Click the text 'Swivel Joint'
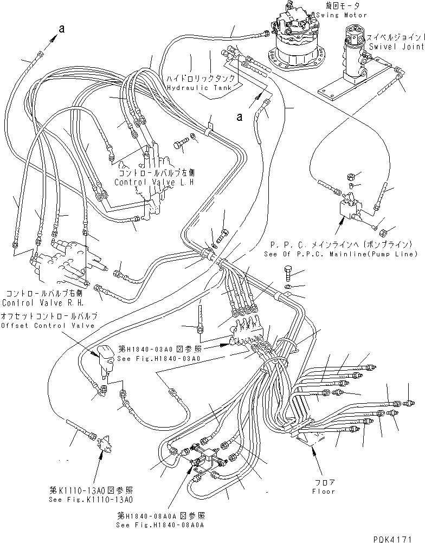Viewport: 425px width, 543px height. tap(395, 47)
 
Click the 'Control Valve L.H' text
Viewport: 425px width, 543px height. tap(154, 182)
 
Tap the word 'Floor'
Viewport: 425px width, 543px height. tap(324, 492)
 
